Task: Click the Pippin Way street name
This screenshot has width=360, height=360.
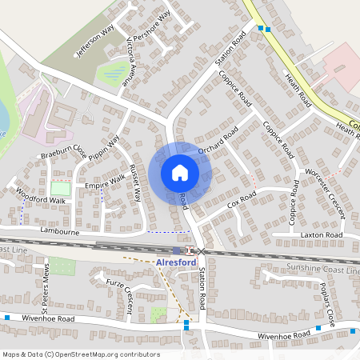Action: click(x=104, y=150)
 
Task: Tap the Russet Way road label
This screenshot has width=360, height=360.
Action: click(x=137, y=183)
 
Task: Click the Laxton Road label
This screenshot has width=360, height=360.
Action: click(x=322, y=235)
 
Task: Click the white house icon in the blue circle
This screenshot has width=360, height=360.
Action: click(x=179, y=173)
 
